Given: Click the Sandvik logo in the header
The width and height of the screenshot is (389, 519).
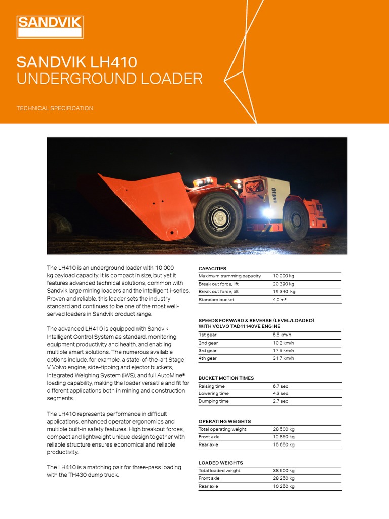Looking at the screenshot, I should tap(50, 27).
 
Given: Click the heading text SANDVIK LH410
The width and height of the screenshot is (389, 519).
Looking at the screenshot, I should tap(76, 62).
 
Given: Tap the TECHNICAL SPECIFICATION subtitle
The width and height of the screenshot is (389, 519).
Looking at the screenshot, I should tap(55, 108).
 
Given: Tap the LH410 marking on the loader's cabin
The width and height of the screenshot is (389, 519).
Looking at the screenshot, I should tap(274, 195).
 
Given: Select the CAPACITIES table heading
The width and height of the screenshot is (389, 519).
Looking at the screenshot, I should tap(212, 268).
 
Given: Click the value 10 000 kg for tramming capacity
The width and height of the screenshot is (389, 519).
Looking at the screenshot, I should tap(283, 276).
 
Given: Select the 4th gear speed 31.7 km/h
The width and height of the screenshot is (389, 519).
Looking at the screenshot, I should tap(283, 358).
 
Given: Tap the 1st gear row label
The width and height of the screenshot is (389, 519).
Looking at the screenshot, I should tap(207, 335).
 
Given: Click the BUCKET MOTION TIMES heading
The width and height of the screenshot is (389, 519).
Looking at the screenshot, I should tap(226, 378).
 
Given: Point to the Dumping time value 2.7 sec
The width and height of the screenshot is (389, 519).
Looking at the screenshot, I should tap(280, 401).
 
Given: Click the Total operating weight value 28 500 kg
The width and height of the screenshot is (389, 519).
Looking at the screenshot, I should tap(283, 429).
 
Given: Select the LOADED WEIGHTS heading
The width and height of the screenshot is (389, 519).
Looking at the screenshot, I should tap(220, 463).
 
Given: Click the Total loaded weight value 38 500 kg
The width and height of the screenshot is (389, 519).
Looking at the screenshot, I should tap(283, 471).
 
